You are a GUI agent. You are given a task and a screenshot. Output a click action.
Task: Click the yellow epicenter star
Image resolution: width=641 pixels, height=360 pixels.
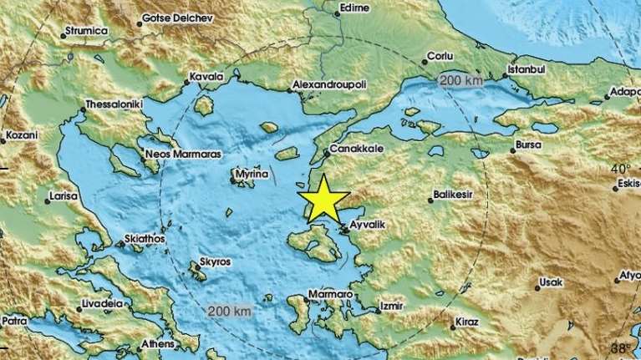pos(323,201)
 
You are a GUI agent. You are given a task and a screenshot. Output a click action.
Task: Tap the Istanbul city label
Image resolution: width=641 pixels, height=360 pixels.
pos(527,68)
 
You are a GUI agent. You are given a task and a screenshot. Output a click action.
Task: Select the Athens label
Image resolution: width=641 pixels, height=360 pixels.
pos(157,343)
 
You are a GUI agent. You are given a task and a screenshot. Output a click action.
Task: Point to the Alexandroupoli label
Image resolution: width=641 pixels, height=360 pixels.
pos(332,85)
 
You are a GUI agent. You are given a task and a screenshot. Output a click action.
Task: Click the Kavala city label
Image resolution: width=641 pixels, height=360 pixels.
pos(206,77)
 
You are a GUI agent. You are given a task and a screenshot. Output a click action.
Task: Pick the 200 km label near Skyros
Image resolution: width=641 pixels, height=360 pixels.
pos(230,311)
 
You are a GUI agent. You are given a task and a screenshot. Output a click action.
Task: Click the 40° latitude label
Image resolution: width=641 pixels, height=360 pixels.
pos(620,168)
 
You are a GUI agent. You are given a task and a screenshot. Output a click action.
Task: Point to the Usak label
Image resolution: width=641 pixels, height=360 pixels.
pos(552,281)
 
